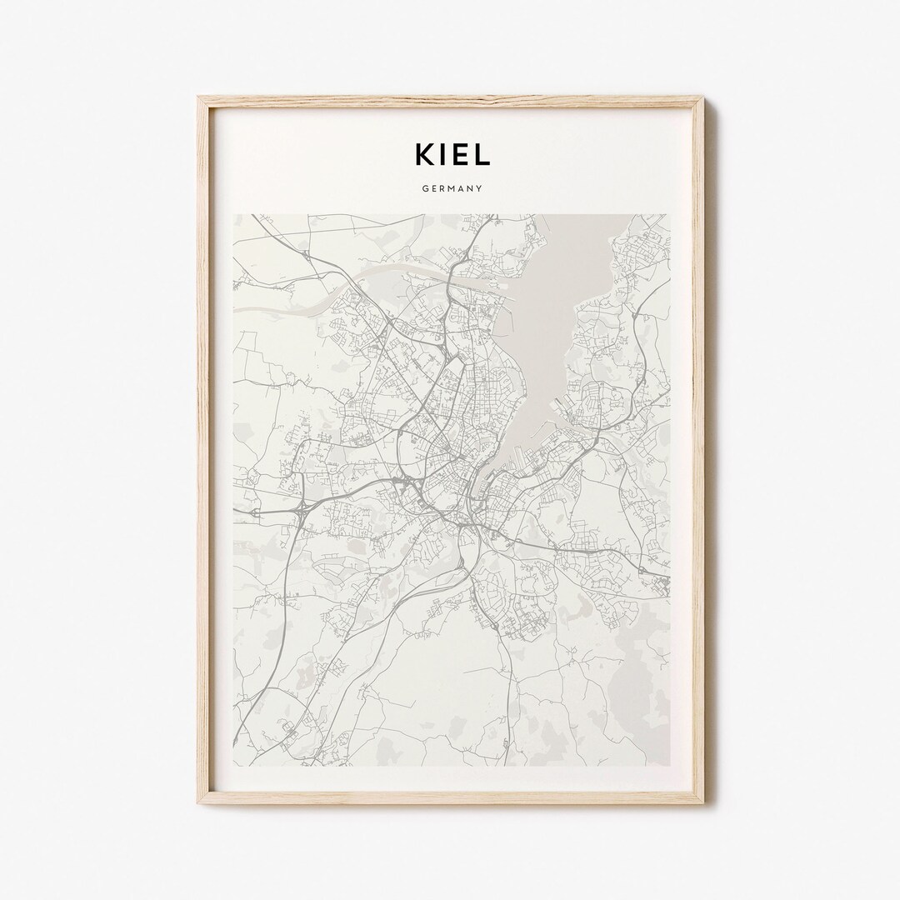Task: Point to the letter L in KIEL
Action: click(x=481, y=153)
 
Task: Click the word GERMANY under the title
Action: click(x=450, y=189)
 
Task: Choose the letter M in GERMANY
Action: click(x=450, y=189)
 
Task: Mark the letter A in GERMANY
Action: click(x=460, y=189)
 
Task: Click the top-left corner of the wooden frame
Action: click(x=197, y=98)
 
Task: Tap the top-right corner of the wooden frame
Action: click(x=702, y=98)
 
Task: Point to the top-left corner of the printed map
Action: click(x=233, y=214)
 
